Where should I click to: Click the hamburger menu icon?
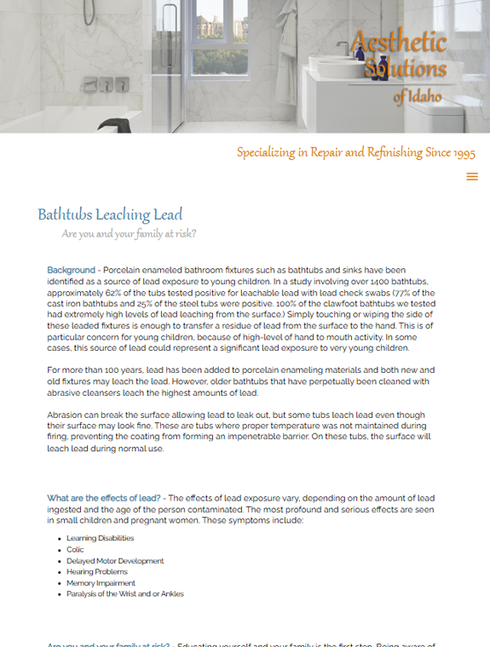pyautogui.click(x=472, y=177)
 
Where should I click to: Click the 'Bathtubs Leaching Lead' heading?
pyautogui.click(x=110, y=215)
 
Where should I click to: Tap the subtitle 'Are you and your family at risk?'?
pyautogui.click(x=129, y=234)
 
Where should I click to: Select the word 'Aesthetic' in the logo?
pyautogui.click(x=399, y=42)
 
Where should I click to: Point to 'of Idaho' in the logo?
pyautogui.click(x=418, y=97)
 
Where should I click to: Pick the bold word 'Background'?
pyautogui.click(x=71, y=271)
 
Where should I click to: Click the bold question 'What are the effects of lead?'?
pyautogui.click(x=103, y=498)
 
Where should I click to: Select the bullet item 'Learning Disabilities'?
pyautogui.click(x=100, y=538)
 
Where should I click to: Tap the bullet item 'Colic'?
pyautogui.click(x=75, y=550)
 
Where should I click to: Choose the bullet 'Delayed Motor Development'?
pyautogui.click(x=115, y=561)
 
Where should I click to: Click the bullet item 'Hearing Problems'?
pyautogui.click(x=96, y=572)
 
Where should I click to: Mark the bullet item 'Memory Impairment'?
pyautogui.click(x=101, y=583)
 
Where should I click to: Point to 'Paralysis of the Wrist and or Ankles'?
pyautogui.click(x=124, y=594)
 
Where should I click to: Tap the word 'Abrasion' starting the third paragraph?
pyautogui.click(x=65, y=415)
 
